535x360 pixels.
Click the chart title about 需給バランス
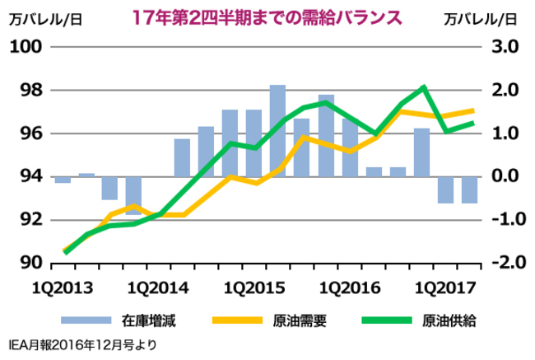tap(267, 16)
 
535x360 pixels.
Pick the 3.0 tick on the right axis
tap(502, 47)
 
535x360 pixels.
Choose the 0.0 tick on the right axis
tap(502, 176)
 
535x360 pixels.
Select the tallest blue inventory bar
tap(277, 130)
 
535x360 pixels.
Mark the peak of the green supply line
tap(423, 86)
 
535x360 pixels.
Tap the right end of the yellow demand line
tap(473, 110)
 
